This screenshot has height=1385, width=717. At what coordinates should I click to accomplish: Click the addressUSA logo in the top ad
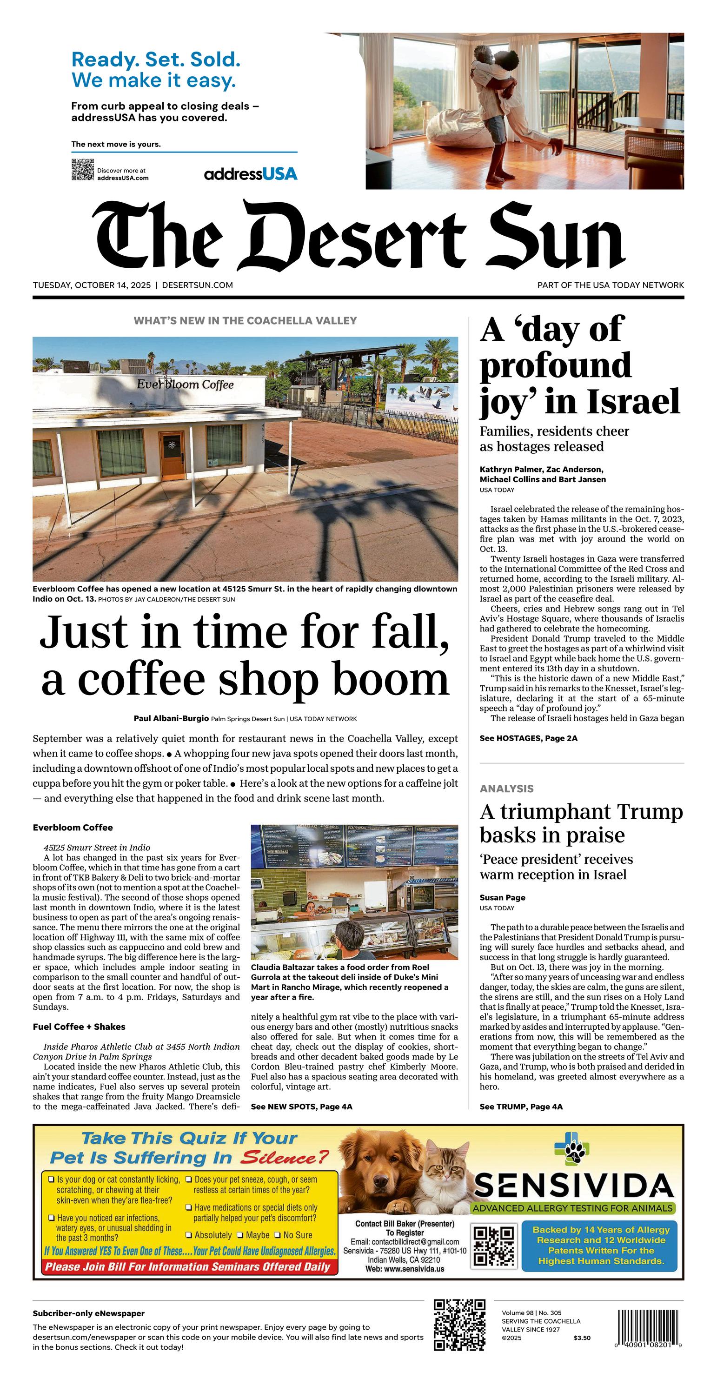pyautogui.click(x=251, y=174)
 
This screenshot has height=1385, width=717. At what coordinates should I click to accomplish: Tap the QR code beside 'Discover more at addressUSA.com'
pyautogui.click(x=82, y=170)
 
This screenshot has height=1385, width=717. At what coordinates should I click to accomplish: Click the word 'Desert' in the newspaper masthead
pyautogui.click(x=354, y=238)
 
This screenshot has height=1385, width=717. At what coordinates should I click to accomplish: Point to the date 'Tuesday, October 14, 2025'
pyautogui.click(x=92, y=285)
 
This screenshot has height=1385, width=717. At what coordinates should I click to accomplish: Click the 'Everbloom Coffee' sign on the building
pyautogui.click(x=185, y=384)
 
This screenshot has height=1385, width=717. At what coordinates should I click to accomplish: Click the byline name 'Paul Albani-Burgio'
pyautogui.click(x=171, y=718)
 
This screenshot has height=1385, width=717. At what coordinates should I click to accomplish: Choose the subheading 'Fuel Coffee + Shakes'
pyautogui.click(x=79, y=1027)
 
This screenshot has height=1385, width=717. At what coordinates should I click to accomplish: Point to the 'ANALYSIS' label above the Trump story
pyautogui.click(x=507, y=789)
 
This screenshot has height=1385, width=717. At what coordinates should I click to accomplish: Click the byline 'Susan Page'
pyautogui.click(x=502, y=897)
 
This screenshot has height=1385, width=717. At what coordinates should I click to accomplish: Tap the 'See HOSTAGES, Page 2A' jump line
pyautogui.click(x=528, y=738)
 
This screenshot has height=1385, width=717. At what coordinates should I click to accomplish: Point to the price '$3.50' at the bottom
pyautogui.click(x=582, y=1338)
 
